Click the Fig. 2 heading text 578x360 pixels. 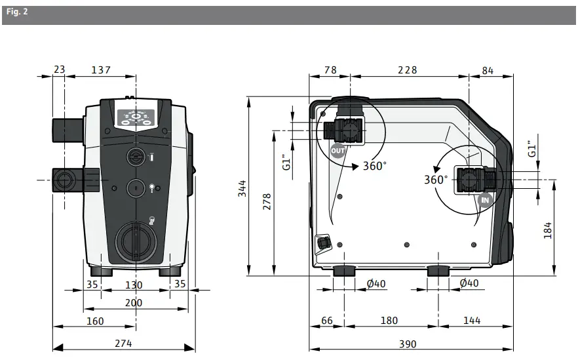(16, 12)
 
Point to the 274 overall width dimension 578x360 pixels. (123, 344)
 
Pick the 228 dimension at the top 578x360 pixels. (407, 70)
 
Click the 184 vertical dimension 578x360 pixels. (548, 230)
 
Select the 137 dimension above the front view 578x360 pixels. (100, 70)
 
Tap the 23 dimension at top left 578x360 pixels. (59, 70)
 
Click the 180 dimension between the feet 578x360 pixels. (389, 320)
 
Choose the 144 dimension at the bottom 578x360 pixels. (471, 320)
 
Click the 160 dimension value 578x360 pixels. (94, 321)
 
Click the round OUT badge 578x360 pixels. (337, 151)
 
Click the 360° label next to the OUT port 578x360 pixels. (375, 166)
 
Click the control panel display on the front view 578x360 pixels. (136, 117)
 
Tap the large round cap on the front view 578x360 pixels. (136, 241)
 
